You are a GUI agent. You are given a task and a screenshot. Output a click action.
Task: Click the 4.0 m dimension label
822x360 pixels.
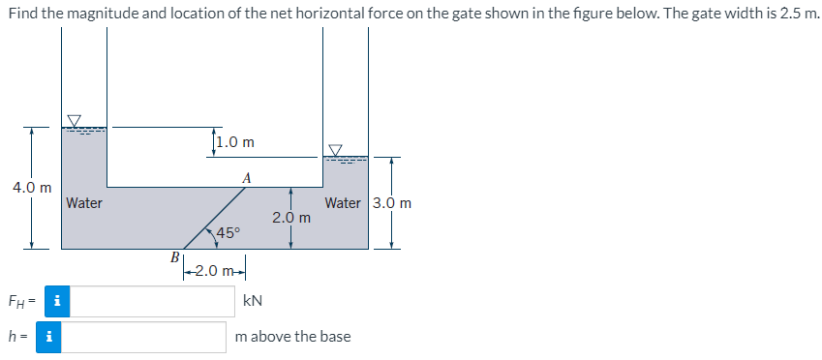pyautogui.click(x=32, y=186)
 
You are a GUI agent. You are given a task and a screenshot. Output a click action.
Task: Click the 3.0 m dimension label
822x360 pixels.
pyautogui.click(x=392, y=203)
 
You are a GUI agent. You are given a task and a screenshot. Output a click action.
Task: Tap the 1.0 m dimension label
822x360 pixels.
pyautogui.click(x=236, y=142)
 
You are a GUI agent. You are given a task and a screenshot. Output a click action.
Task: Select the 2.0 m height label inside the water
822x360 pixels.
pyautogui.click(x=291, y=218)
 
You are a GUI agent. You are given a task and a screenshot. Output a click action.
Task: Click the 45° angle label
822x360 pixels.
pyautogui.click(x=228, y=232)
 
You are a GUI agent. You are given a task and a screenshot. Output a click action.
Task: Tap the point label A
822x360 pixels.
pyautogui.click(x=248, y=177)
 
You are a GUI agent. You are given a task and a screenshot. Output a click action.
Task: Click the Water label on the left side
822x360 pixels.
pyautogui.click(x=84, y=203)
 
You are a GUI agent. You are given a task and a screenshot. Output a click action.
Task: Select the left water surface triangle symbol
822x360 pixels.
pyautogui.click(x=75, y=120)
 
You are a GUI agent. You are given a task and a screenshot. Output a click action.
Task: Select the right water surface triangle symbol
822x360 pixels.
pyautogui.click(x=335, y=150)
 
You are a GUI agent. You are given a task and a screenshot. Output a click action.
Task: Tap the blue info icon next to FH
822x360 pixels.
pyautogui.click(x=57, y=301)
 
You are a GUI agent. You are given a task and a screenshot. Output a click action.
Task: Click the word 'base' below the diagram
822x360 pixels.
pyautogui.click(x=332, y=337)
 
